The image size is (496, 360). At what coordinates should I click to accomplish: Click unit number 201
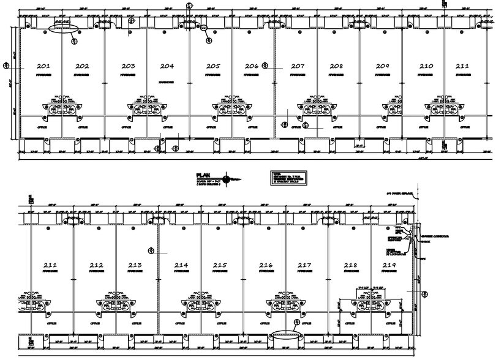click(43, 66)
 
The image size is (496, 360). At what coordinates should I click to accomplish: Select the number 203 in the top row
click(128, 66)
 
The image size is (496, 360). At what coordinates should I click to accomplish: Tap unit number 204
click(167, 66)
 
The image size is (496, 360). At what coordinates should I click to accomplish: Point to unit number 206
click(251, 66)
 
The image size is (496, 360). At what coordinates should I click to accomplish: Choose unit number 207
click(298, 66)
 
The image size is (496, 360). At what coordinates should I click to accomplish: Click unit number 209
click(383, 66)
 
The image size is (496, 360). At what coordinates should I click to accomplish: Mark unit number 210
click(426, 66)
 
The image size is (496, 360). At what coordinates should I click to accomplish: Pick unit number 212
click(96, 264)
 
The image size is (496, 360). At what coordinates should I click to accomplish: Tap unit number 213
click(135, 264)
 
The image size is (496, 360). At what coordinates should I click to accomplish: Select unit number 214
click(181, 264)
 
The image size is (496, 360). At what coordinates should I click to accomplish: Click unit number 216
click(266, 264)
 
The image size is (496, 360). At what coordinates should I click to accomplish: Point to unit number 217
click(304, 264)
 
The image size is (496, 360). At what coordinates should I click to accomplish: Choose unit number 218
click(350, 264)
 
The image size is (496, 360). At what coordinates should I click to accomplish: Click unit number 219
click(389, 264)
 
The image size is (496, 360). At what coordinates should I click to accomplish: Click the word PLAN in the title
click(204, 174)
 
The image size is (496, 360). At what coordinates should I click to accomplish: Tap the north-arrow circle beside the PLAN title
click(228, 179)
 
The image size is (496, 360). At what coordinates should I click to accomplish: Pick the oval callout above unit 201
click(63, 28)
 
